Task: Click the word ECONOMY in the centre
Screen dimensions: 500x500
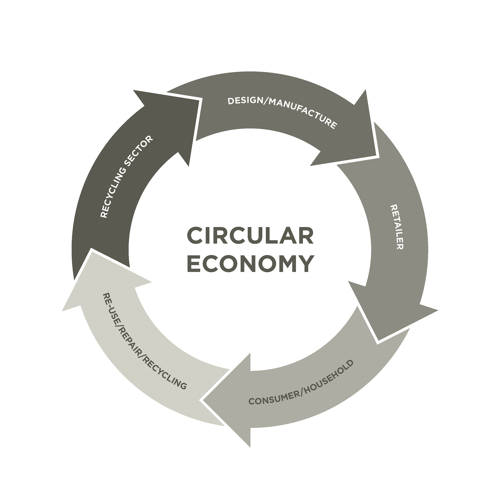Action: pyautogui.click(x=250, y=264)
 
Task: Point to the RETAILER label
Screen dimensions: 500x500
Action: pyautogui.click(x=397, y=227)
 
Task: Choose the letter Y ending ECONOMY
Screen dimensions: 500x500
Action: pyautogui.click(x=306, y=264)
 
